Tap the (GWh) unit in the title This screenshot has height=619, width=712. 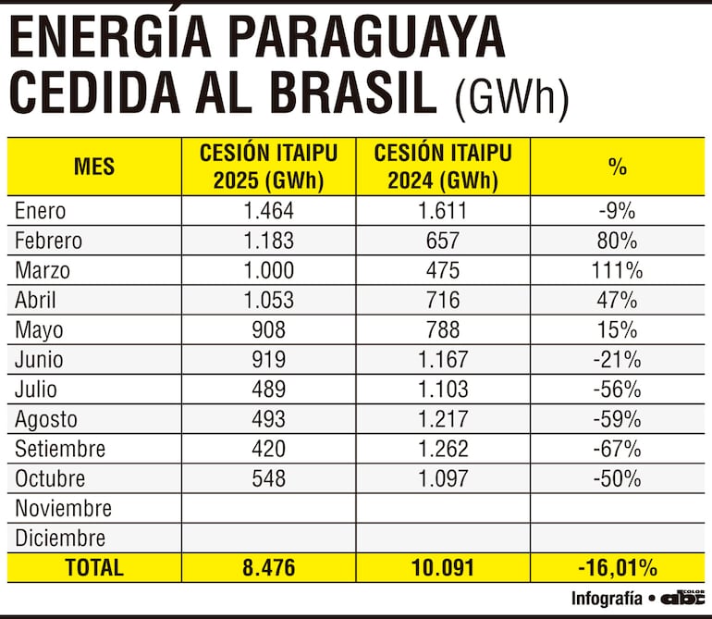point(511,95)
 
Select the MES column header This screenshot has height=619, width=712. point(94,167)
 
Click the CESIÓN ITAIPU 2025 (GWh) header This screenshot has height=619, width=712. point(268,167)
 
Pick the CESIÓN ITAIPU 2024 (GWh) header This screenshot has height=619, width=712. point(443,167)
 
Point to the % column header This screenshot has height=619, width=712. point(618,167)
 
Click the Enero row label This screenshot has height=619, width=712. point(41,211)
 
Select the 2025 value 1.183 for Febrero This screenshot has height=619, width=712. point(268,241)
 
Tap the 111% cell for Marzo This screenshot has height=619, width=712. point(618,270)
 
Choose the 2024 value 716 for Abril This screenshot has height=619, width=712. point(443,300)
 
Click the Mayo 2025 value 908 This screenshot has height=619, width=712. point(268,329)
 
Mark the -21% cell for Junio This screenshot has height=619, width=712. point(618,360)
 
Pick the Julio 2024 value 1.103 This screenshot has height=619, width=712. point(443,390)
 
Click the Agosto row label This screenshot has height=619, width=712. point(46,419)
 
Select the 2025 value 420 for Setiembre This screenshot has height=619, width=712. point(268,449)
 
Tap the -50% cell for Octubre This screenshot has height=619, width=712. point(618,478)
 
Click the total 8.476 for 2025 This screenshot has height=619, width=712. point(268,567)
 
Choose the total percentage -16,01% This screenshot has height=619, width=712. point(618,567)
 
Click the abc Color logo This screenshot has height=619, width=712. point(681,598)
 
